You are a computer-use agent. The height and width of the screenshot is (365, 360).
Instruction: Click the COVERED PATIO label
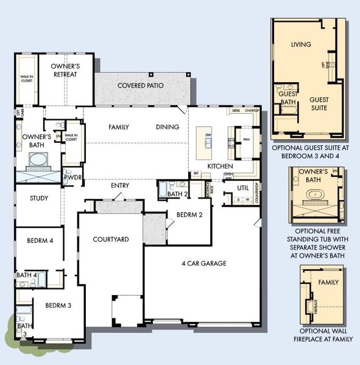tap(141, 86)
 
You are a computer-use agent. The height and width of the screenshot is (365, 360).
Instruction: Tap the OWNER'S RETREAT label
tap(66, 71)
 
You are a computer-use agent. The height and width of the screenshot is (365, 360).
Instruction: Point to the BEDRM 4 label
tap(40, 241)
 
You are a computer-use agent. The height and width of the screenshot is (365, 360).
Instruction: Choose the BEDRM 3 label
tap(58, 305)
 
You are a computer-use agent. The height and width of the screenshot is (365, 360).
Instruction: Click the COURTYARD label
tap(110, 240)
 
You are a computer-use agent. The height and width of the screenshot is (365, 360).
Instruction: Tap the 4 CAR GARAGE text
tap(203, 263)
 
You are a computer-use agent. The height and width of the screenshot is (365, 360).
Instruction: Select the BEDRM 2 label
tap(189, 215)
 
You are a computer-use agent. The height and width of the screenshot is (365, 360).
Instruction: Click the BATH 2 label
tap(177, 194)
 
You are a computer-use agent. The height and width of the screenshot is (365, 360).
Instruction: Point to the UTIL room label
tap(243, 189)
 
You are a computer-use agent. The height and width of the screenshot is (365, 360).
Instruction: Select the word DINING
tap(167, 127)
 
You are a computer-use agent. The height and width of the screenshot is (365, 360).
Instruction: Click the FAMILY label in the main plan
tap(119, 127)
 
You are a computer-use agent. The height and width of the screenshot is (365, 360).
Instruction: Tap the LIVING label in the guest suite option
tap(301, 44)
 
